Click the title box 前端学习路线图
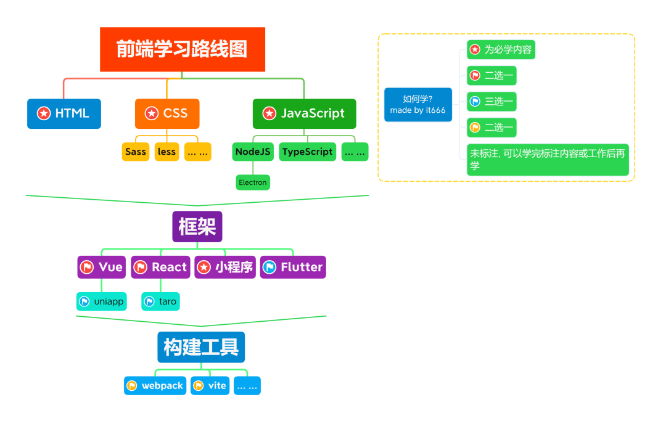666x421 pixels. tap(183, 49)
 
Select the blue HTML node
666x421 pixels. tap(64, 113)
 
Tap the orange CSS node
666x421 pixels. tap(167, 113)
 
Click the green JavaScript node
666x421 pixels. tap(304, 113)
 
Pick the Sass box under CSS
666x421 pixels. tap(136, 152)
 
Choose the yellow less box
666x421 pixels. tap(166, 152)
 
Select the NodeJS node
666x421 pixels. tap(253, 152)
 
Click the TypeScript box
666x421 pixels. tap(307, 152)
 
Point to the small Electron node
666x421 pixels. tap(253, 182)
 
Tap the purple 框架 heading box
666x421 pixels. tap(197, 227)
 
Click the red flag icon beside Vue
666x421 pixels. tap(87, 268)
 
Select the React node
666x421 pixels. tap(160, 268)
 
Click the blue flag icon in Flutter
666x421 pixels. tap(269, 268)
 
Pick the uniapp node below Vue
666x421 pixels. tap(102, 301)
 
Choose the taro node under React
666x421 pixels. tap(160, 301)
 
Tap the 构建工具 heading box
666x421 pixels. tap(201, 347)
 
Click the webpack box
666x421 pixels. tap(155, 386)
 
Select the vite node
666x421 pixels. tap(210, 386)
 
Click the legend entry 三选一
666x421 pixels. tap(491, 102)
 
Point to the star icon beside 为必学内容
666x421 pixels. tap(474, 49)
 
